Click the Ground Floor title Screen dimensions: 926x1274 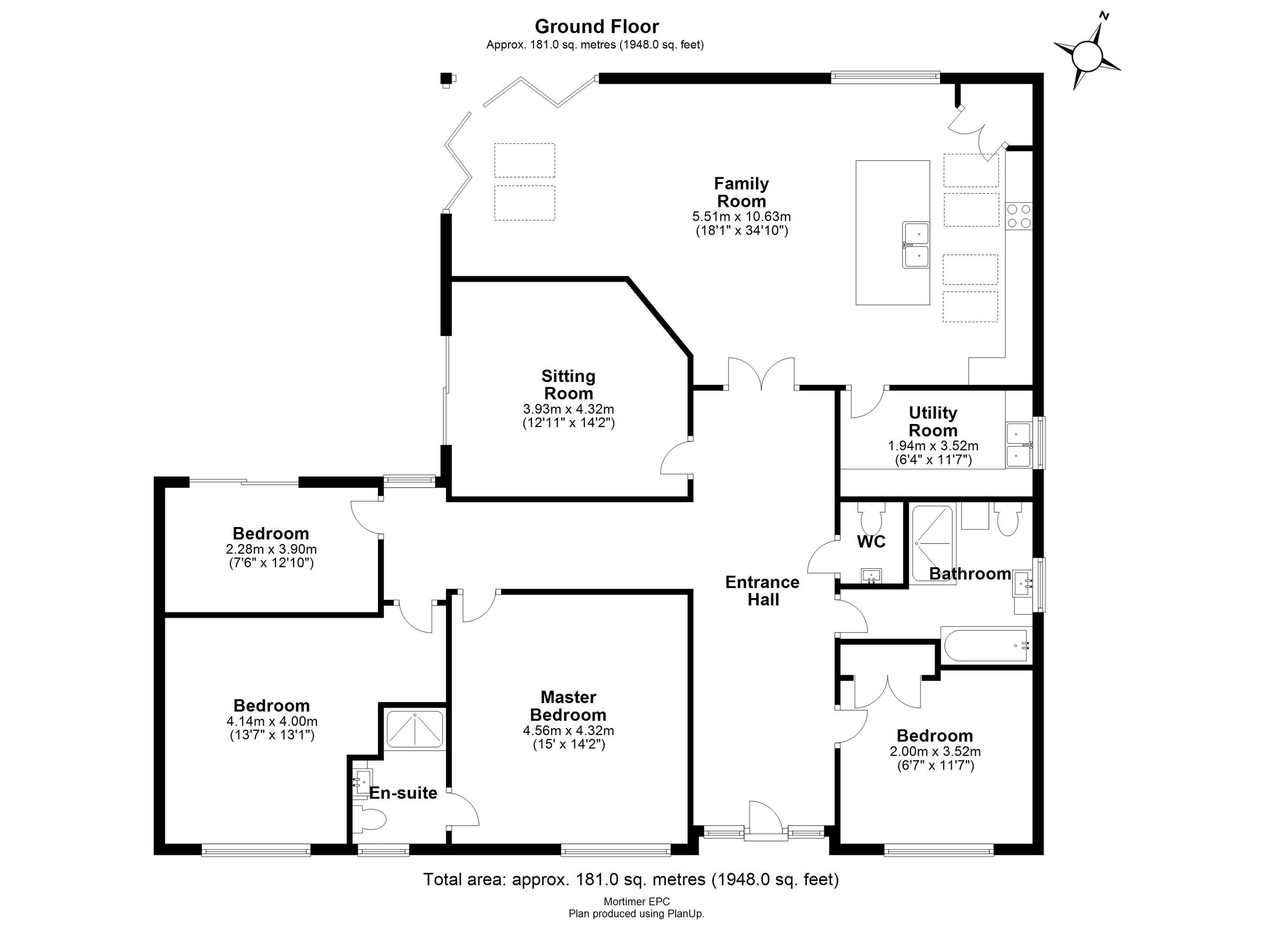[597, 27]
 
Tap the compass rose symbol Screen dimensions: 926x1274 [1087, 57]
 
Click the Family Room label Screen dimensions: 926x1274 [742, 192]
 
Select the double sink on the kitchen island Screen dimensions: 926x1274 [916, 245]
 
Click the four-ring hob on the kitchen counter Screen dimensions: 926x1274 [1019, 215]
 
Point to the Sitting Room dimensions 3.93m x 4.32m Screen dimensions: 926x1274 [569, 409]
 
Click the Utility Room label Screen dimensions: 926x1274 [933, 421]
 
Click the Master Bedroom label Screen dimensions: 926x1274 [568, 706]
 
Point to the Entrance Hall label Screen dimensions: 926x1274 [762, 591]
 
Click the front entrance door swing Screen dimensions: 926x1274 [764, 820]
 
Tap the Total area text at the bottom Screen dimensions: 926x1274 [631, 879]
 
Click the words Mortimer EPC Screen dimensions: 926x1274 [636, 902]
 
